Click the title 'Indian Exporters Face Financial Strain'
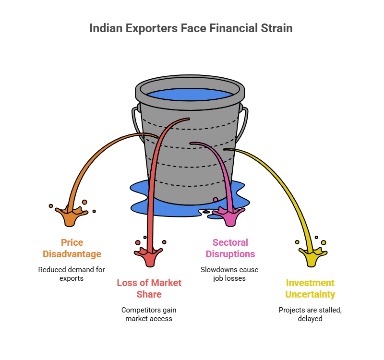pos(191,28)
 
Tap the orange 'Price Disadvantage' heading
pos(72,248)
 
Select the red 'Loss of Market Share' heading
pos(149,288)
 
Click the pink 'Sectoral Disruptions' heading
pos(230,248)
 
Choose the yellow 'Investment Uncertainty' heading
pos(310,288)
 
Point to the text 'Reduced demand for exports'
pos(72,274)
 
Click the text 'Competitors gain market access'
pos(149,314)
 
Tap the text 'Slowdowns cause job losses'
pos(229,274)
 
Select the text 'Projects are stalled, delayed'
pos(310,314)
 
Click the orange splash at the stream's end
pos(71,216)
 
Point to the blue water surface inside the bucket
pos(190,95)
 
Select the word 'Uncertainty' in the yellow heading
pos(310,294)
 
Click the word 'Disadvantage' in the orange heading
pos(72,254)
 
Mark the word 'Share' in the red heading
pos(149,294)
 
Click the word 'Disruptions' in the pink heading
pos(230,254)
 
